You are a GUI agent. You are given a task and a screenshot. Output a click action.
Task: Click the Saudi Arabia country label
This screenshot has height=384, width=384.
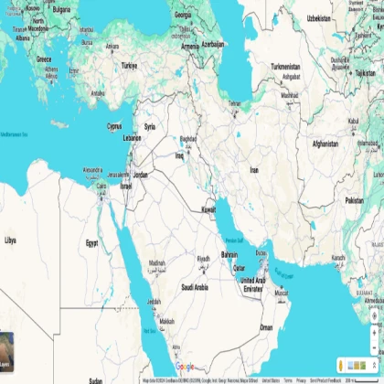[195, 287]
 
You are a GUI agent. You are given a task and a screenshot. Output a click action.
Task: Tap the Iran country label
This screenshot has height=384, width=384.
[254, 169]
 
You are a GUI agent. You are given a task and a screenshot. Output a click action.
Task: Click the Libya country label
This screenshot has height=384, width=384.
[10, 240]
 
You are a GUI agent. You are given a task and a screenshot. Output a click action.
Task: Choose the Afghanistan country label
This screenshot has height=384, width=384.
[325, 144]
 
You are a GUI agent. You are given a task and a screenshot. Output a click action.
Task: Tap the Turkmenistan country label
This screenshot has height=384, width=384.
[285, 67]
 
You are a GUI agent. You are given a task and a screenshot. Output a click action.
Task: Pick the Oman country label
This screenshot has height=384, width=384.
[266, 326]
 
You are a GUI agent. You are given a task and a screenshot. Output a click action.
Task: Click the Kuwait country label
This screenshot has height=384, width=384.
[208, 209]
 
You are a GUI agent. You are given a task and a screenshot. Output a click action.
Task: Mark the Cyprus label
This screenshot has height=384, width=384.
[114, 126]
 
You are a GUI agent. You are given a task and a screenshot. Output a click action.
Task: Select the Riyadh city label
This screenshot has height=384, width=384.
[204, 259]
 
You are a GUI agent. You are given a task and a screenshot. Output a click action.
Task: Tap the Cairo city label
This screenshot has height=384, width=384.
[101, 186]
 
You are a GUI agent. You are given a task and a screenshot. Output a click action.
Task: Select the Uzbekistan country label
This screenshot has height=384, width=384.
[318, 17]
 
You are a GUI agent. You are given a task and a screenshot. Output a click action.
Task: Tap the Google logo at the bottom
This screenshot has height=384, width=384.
[186, 367]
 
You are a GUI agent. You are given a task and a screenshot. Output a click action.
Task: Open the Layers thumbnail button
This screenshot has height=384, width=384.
[6, 346]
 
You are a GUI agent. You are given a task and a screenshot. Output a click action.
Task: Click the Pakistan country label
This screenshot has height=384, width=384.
[354, 200]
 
